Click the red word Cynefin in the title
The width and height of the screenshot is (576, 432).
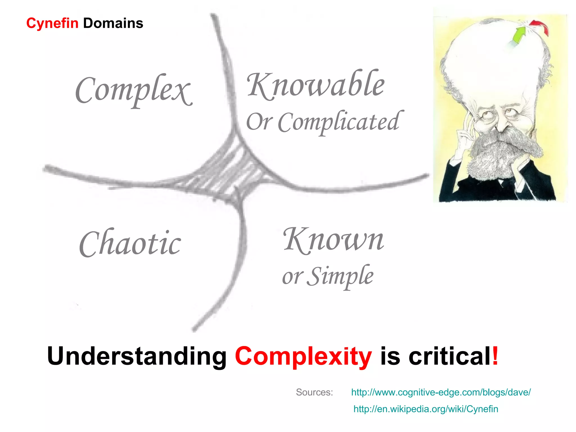click(52, 23)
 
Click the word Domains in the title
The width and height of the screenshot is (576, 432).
click(113, 23)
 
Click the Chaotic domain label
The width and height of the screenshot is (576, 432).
click(130, 244)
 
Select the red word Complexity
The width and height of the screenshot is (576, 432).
click(303, 356)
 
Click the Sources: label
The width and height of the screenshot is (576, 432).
click(314, 392)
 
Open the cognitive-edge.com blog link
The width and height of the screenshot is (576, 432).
click(441, 392)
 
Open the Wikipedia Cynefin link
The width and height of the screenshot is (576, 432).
click(426, 409)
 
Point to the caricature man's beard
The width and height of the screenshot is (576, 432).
click(495, 155)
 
